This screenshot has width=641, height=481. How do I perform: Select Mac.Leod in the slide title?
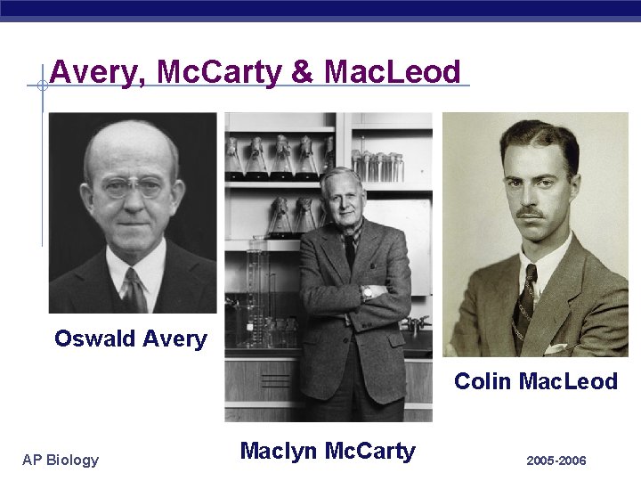[393, 72]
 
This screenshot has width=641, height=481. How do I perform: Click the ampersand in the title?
[303, 72]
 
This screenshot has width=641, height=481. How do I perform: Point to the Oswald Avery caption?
[130, 338]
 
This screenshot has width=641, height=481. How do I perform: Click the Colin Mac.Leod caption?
[535, 381]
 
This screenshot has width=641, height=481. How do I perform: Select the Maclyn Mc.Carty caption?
[327, 451]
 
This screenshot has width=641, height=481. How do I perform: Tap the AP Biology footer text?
[61, 460]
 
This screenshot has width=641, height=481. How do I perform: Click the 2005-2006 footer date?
[556, 461]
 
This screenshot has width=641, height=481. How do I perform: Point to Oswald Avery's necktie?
[134, 289]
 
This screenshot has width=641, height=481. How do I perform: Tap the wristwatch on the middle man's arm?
[368, 291]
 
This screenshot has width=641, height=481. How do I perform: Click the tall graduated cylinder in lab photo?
[257, 285]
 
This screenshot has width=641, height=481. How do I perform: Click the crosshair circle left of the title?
[41, 86]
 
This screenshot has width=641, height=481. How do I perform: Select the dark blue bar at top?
[320, 8]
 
